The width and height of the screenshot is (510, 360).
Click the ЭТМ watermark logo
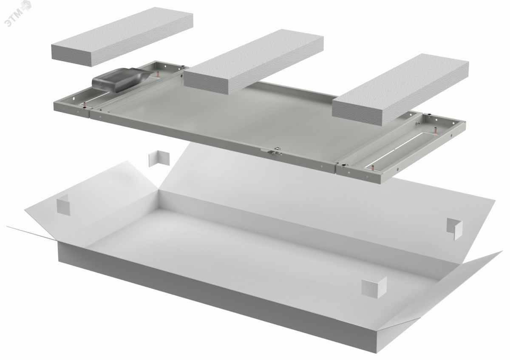click(x=18, y=14)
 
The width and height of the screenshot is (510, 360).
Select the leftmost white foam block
click(x=122, y=37)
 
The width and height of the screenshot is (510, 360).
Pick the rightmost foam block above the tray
click(x=400, y=89)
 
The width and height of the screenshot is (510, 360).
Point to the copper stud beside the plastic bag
click(x=157, y=74)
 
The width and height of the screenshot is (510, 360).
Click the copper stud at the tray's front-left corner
click(x=85, y=105)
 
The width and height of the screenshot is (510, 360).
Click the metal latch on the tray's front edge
click(x=272, y=151)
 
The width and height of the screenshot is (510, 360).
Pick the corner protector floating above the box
click(x=159, y=159)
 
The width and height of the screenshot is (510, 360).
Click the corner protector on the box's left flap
click(x=63, y=204)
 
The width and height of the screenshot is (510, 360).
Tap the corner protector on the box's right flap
click(x=455, y=228)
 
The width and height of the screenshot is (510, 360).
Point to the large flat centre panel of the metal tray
click(x=228, y=121)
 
